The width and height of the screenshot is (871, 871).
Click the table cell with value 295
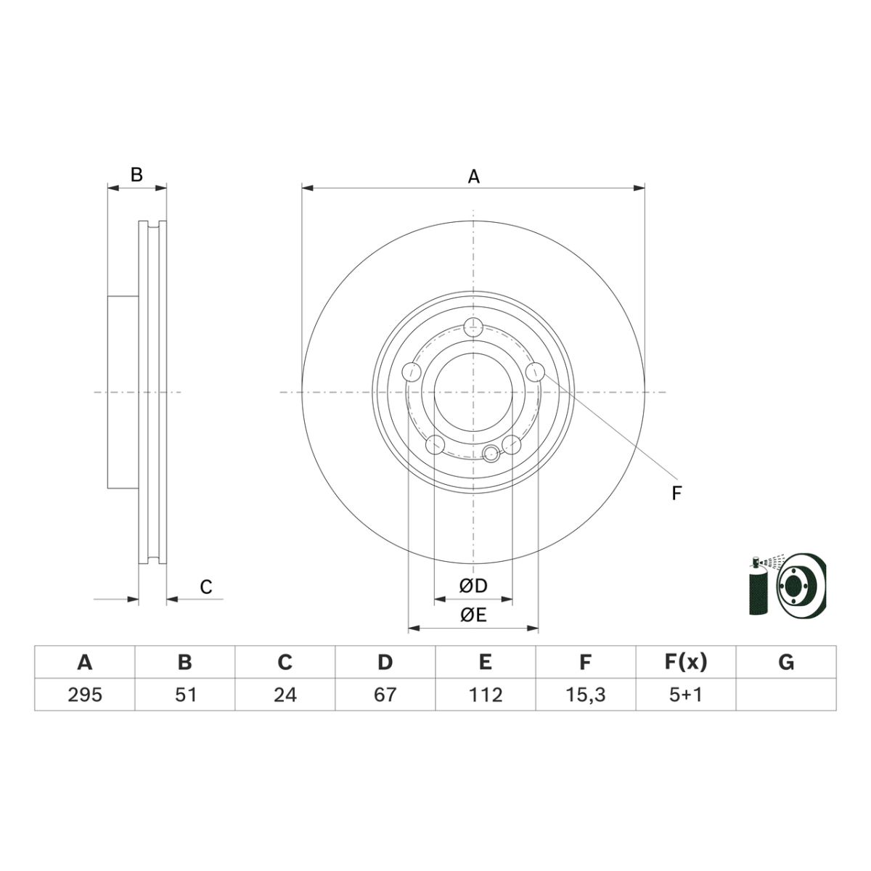(x=85, y=695)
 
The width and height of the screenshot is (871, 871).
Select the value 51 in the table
(x=185, y=695)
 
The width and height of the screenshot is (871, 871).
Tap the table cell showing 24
(x=285, y=695)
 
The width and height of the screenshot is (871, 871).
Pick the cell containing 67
(x=385, y=695)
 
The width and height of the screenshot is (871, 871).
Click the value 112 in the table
(x=486, y=695)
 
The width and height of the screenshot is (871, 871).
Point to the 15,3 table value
(x=586, y=695)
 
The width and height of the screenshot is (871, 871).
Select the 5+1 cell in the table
(x=686, y=695)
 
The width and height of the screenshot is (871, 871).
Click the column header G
(x=786, y=662)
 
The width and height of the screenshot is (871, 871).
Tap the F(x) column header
(x=686, y=662)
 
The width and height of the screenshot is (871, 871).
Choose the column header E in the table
(x=486, y=662)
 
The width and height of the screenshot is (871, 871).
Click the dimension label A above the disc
(x=473, y=176)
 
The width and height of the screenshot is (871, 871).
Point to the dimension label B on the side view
(x=136, y=175)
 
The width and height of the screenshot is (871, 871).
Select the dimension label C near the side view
(x=206, y=587)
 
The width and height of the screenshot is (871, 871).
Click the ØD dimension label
(x=473, y=586)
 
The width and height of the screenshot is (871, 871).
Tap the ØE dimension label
(x=473, y=616)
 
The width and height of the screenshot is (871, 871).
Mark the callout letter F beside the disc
(x=676, y=494)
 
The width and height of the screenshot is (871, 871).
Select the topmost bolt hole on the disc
(x=473, y=327)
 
